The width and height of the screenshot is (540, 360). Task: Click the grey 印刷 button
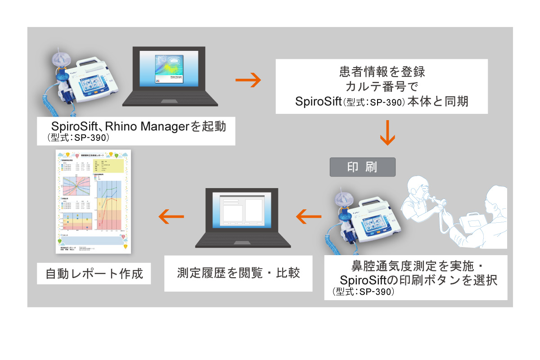tap(362, 166)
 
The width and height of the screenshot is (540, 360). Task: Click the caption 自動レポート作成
tap(94, 273)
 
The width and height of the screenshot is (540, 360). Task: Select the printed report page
tap(92, 201)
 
